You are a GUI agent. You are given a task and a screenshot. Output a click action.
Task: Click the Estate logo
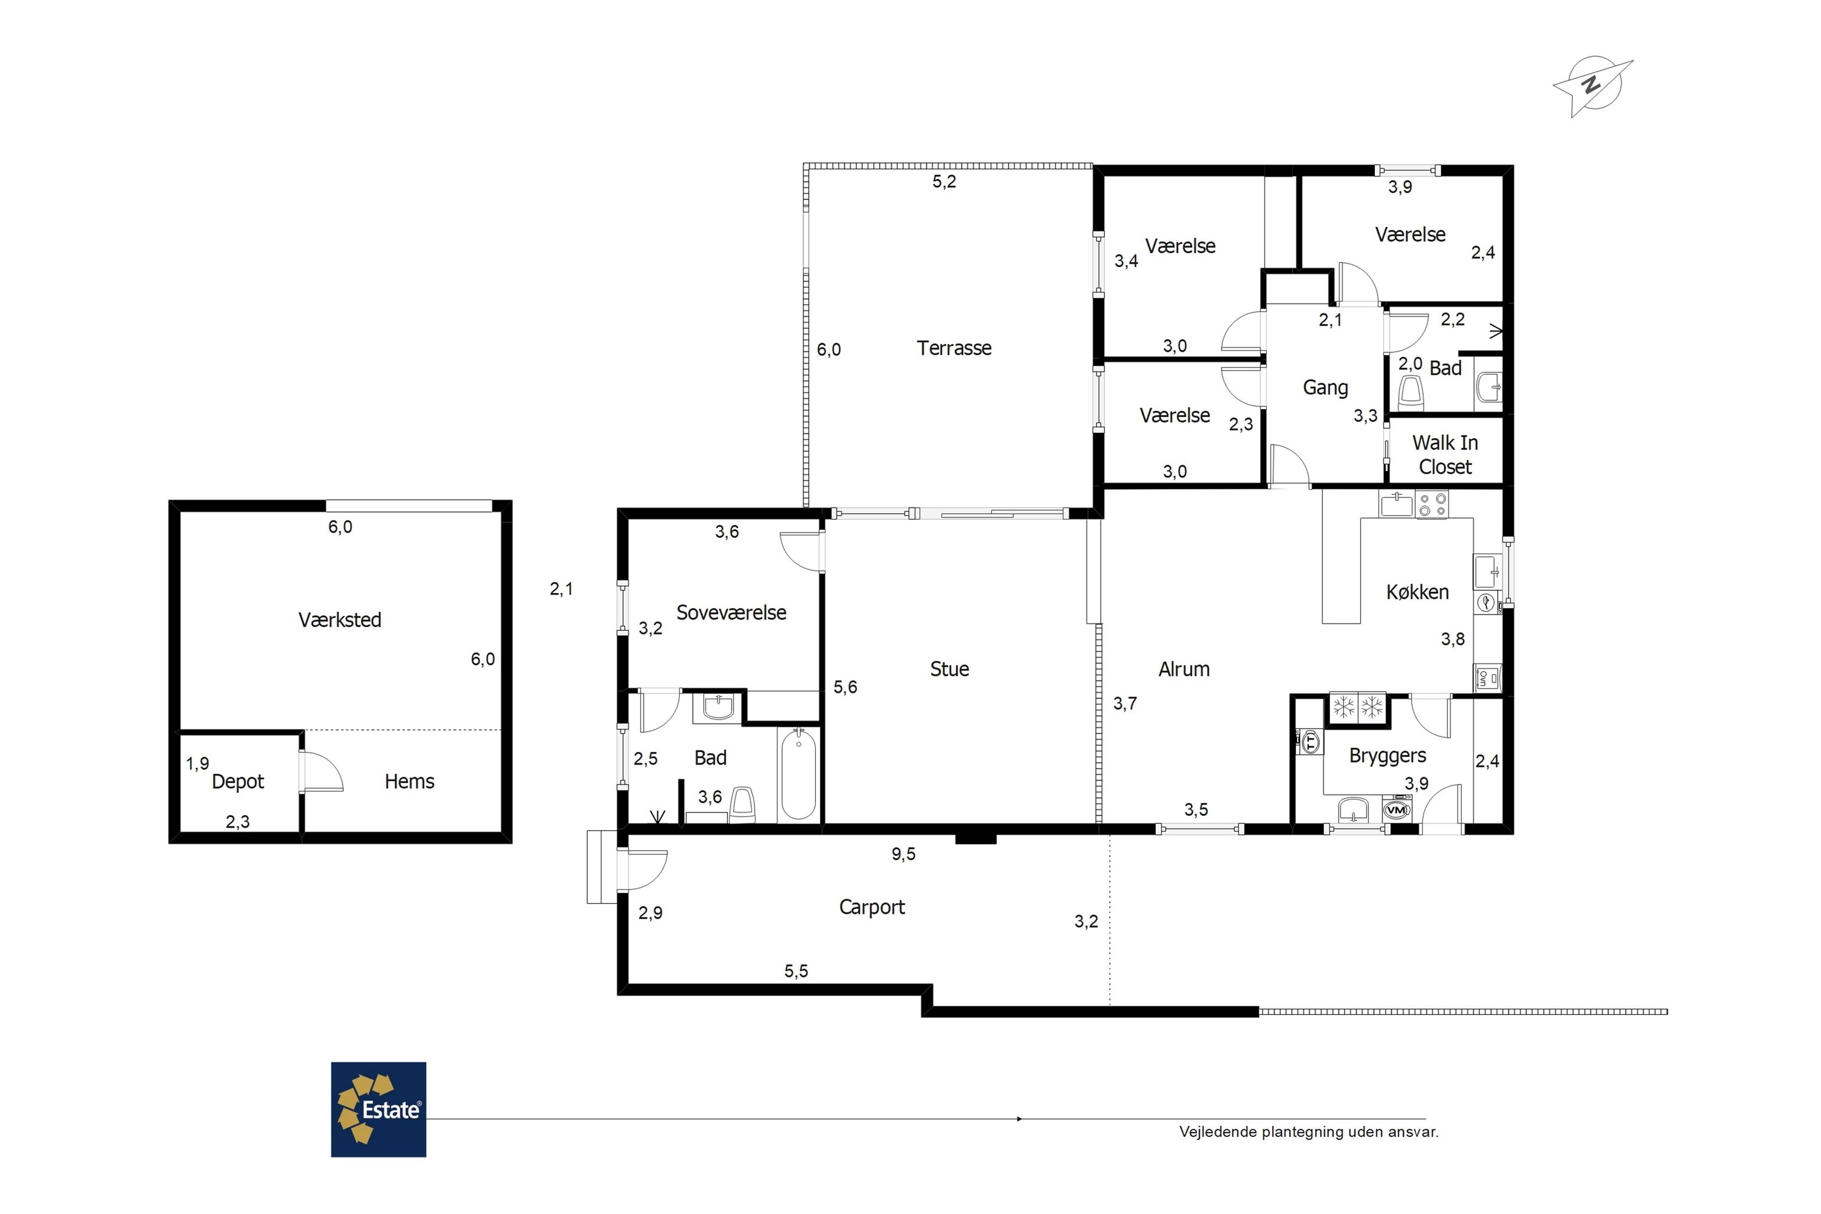click(379, 1109)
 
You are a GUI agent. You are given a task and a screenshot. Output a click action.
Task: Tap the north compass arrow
click(1593, 87)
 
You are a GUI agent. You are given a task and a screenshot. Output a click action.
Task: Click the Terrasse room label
click(954, 348)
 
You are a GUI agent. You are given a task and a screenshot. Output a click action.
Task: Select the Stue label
click(949, 669)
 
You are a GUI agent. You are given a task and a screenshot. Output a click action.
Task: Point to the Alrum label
click(1184, 669)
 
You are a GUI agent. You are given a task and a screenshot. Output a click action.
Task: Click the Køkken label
click(1417, 592)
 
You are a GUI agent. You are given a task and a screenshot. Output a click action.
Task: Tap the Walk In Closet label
click(1445, 455)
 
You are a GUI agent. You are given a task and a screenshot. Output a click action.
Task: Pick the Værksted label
click(340, 619)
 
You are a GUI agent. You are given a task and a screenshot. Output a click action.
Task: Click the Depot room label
click(238, 782)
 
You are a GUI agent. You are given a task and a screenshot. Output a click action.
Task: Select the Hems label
click(410, 781)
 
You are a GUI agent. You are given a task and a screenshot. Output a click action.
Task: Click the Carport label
click(872, 907)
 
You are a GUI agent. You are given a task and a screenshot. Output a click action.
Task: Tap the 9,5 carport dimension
click(904, 854)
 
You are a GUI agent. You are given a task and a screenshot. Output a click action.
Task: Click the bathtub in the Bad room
click(798, 775)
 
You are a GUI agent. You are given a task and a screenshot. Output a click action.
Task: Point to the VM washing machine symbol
click(1396, 810)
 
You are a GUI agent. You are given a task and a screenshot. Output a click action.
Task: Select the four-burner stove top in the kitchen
click(1431, 504)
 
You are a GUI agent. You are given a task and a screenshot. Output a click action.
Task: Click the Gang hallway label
click(1326, 388)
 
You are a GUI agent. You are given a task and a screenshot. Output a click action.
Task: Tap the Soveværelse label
click(731, 612)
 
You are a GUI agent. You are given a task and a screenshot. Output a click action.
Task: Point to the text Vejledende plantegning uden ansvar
click(1309, 1132)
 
